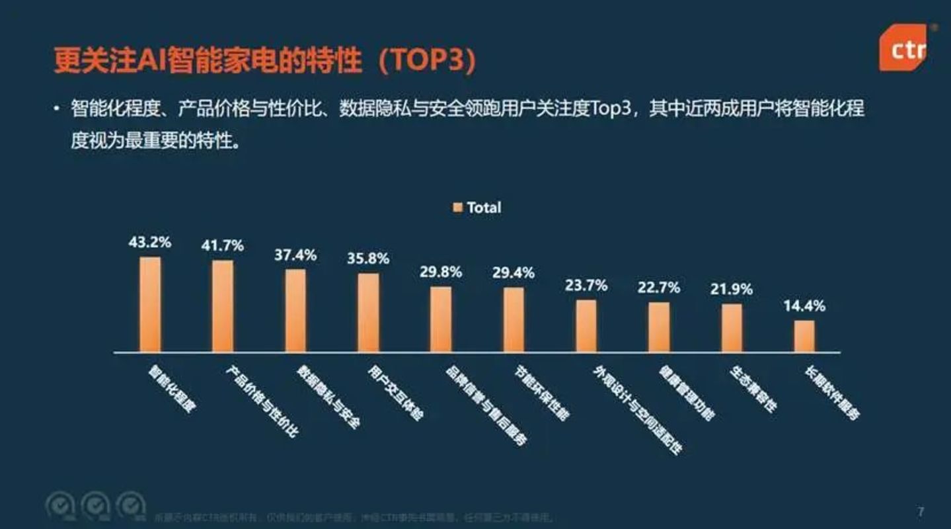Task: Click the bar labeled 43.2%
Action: (150, 304)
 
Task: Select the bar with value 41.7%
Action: (223, 306)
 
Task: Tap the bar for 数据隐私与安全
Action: (295, 310)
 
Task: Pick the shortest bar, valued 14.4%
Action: (804, 336)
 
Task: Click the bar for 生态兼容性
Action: (732, 327)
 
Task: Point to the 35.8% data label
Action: (368, 259)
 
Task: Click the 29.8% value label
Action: (441, 272)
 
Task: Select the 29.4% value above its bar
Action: (514, 272)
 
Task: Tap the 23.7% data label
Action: (586, 286)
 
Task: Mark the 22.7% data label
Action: (659, 288)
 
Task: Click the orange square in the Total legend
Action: (457, 208)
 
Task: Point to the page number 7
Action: (921, 512)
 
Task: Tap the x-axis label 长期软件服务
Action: (832, 393)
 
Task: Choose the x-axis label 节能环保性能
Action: (542, 393)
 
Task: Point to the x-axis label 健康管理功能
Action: (687, 393)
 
